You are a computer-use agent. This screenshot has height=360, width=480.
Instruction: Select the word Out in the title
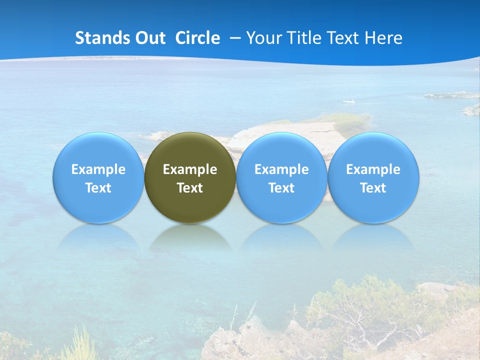pyautogui.click(x=148, y=38)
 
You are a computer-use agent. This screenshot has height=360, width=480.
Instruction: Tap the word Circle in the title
pyautogui.click(x=197, y=38)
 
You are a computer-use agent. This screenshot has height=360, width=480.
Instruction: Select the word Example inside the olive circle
pyautogui.click(x=190, y=169)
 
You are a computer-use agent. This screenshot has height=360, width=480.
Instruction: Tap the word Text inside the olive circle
pyautogui.click(x=190, y=188)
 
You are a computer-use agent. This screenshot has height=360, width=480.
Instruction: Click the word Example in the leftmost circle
pyautogui.click(x=98, y=169)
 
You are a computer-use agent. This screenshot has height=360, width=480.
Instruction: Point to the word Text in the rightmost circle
pyautogui.click(x=373, y=188)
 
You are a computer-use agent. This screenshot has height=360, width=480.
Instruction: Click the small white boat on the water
pyautogui.click(x=349, y=102)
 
